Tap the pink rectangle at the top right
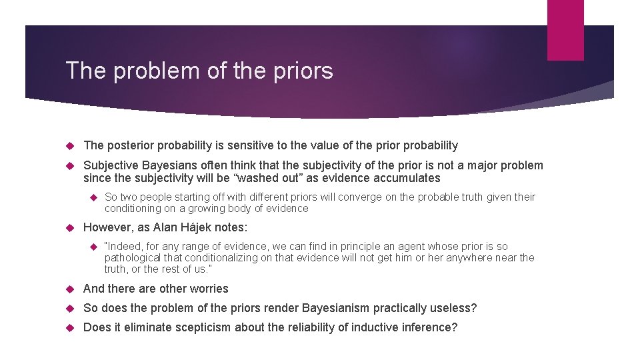click(x=565, y=30)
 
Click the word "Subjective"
click(x=110, y=165)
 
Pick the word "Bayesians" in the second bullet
click(x=169, y=165)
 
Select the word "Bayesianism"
click(x=329, y=308)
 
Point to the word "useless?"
click(x=456, y=308)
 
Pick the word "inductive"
click(x=370, y=328)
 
